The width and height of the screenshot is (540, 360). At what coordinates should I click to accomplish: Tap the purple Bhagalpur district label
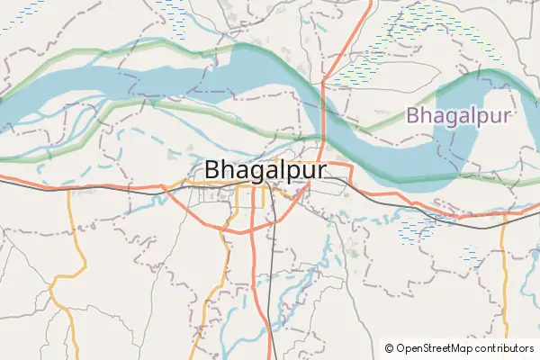coord(458,115)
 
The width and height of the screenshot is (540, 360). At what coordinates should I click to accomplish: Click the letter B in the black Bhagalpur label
coord(213,170)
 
